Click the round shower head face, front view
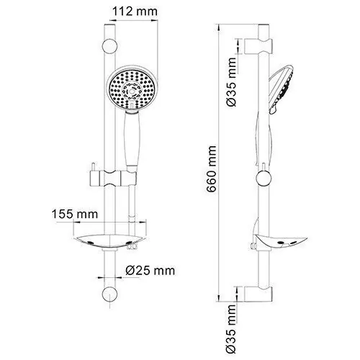pos(130,90)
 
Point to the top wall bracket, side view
pos(259,45)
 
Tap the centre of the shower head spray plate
pos(130,90)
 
